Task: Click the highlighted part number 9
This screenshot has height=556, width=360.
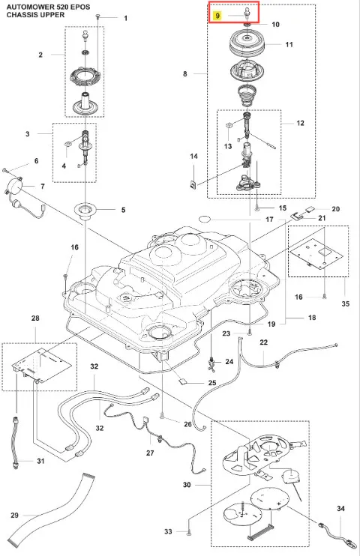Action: tap(217, 16)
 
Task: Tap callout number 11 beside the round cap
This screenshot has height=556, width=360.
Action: tap(289, 45)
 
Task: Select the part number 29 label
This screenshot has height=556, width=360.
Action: tap(14, 515)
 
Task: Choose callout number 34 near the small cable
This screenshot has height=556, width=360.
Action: tap(340, 509)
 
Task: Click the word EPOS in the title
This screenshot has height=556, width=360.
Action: tap(79, 7)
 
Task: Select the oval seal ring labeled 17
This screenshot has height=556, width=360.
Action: tap(205, 219)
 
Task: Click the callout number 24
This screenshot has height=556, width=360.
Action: tap(229, 362)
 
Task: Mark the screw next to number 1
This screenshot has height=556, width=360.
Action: tap(97, 16)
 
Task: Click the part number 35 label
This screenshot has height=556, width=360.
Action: tap(346, 304)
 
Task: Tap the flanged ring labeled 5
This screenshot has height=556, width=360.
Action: tap(85, 211)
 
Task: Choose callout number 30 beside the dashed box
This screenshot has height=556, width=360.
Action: tap(187, 485)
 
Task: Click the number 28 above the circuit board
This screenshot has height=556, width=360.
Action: tap(35, 318)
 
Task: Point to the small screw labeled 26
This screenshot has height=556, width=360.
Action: tap(162, 415)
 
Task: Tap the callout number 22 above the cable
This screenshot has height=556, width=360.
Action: tap(264, 342)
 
